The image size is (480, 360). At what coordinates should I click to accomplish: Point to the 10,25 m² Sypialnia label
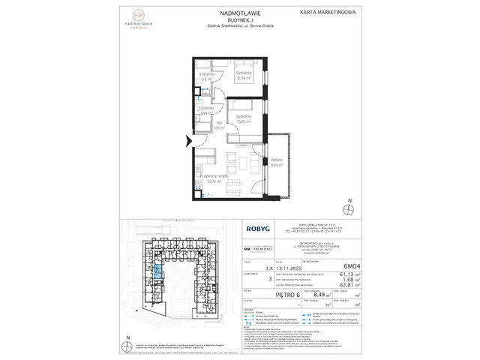244,120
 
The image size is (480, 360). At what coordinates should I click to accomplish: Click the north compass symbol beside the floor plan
349,207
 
